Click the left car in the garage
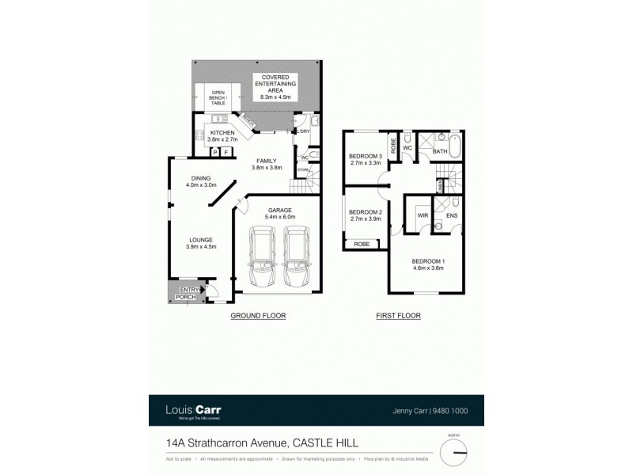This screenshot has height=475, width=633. point(263,258)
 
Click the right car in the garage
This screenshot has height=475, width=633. point(297,258)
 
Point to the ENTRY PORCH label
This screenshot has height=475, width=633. point(190,294)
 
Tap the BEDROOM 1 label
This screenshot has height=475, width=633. point(427,264)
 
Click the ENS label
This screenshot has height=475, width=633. point(452,215)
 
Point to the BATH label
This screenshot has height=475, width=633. point(440,150)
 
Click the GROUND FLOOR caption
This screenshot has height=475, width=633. point(257,316)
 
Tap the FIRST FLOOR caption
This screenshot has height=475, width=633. point(398,316)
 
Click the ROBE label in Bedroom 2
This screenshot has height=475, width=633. point(362,244)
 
